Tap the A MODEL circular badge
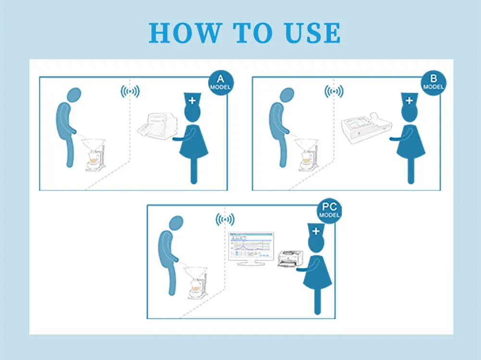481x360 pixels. click(220, 83)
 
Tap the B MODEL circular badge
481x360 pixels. click(433, 83)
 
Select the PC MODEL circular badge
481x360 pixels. click(329, 211)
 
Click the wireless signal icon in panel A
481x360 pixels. click(130, 91)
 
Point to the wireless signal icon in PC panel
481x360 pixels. click(225, 220)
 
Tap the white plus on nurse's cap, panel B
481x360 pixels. click(409, 101)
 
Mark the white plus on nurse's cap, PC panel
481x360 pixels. click(316, 231)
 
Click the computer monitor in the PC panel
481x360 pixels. click(251, 246)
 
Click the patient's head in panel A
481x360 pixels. click(74, 95)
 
